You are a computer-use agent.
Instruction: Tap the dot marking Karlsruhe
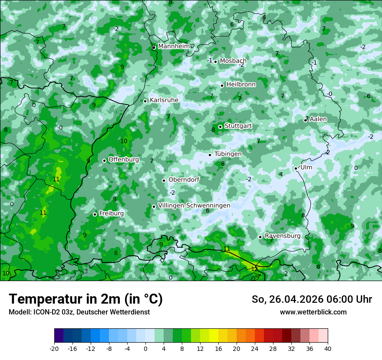point(145,101)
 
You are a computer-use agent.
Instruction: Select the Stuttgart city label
point(238,126)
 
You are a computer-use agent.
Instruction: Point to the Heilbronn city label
point(241,85)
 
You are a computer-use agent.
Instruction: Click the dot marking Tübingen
point(210,155)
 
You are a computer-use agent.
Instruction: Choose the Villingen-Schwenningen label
point(194,205)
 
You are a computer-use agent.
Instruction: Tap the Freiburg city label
point(111,213)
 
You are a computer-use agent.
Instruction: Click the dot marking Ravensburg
point(260,237)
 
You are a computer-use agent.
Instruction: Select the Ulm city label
point(306,167)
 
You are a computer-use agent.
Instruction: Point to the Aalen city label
point(318,119)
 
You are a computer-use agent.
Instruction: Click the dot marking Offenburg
point(104,160)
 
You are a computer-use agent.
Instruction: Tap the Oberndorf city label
point(184,180)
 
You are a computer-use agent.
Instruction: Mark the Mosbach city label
point(233,61)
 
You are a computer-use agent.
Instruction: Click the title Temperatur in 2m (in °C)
point(86,299)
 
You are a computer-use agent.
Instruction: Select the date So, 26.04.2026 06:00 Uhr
point(312,299)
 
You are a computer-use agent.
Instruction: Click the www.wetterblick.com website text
point(313,312)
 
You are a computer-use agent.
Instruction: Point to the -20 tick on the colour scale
point(54,348)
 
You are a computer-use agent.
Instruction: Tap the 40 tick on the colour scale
point(328,348)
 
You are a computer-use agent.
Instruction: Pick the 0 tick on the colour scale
point(145,348)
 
